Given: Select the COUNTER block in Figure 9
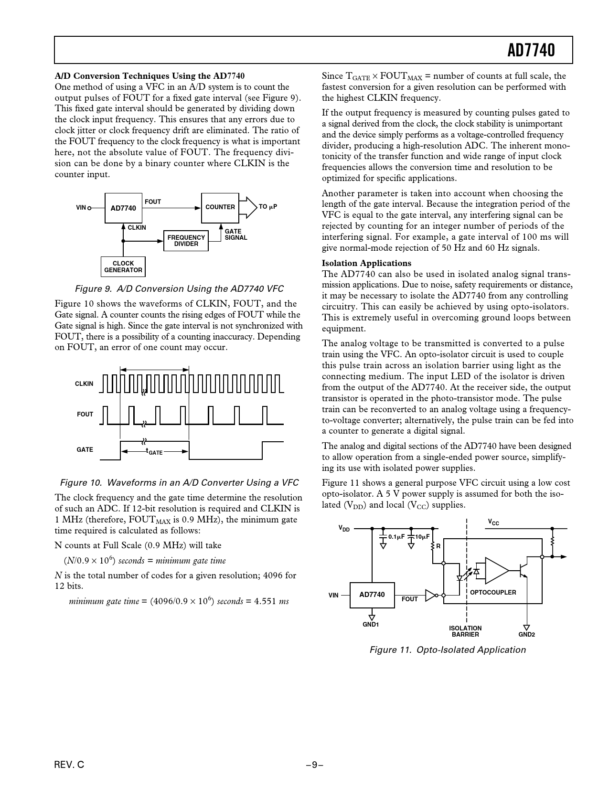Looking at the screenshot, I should (220, 208).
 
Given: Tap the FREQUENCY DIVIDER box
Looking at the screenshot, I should (186, 241).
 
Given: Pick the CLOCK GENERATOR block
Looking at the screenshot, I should (123, 266).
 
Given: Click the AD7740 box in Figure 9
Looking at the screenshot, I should (123, 208).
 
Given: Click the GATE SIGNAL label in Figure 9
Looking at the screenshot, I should (235, 234).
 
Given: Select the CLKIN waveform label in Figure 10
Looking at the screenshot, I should (84, 384).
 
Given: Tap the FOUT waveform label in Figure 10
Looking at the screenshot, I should (85, 415).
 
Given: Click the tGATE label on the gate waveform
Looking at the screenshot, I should (154, 451).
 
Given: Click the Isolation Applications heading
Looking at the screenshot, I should (366, 263).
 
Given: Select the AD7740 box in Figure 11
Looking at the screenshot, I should (372, 595).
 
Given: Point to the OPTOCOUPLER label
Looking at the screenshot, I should (493, 593).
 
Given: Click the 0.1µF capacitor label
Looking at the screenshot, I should (396, 537).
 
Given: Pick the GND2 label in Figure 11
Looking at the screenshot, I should (526, 635).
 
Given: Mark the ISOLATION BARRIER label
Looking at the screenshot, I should (465, 631).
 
